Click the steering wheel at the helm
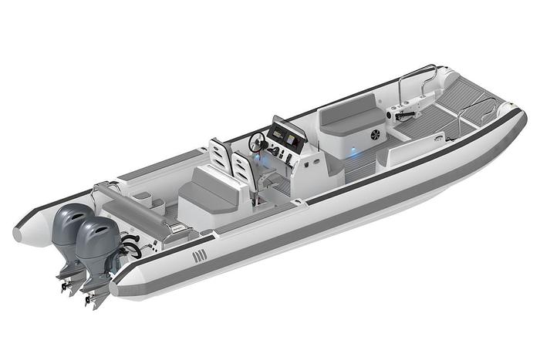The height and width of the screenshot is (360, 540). [x=257, y=142]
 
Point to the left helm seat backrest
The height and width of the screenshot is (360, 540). [x=219, y=154]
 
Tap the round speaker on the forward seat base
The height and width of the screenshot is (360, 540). [x=375, y=135]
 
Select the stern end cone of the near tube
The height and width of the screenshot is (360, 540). [x=123, y=286]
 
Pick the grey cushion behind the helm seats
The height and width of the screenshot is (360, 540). [x=204, y=188]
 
